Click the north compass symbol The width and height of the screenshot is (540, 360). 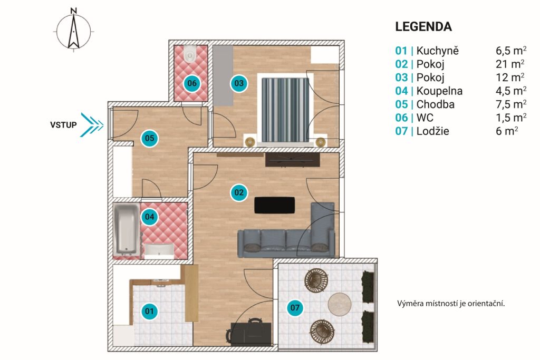[x=74, y=30]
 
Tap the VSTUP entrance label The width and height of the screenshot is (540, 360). [x=63, y=124]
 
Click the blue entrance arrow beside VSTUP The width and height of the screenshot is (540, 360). [x=92, y=124]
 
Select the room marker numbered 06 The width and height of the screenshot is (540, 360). [x=192, y=83]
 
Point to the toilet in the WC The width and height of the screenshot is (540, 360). [x=190, y=54]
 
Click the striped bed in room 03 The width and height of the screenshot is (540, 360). [x=285, y=110]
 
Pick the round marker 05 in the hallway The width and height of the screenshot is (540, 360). [x=149, y=138]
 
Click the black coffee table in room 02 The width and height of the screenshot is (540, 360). [x=274, y=205]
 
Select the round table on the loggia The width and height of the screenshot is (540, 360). [x=340, y=304]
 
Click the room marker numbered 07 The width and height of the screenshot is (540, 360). [x=295, y=307]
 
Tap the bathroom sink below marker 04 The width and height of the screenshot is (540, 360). [x=159, y=251]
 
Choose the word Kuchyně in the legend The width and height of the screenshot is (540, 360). [x=437, y=51]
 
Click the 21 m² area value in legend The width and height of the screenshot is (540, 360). [x=510, y=64]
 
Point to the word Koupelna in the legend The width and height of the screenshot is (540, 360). [x=439, y=91]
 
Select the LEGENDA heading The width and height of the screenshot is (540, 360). [x=423, y=27]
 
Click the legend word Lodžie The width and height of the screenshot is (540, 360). [x=432, y=131]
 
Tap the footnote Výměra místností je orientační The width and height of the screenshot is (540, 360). [x=451, y=304]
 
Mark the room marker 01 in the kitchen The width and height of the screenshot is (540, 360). [x=149, y=312]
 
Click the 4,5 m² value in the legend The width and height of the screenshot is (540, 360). [x=511, y=91]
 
